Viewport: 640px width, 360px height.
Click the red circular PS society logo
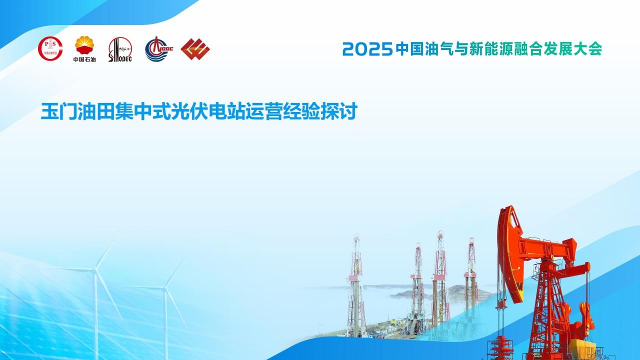[50, 48]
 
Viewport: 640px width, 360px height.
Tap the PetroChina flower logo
[84, 45]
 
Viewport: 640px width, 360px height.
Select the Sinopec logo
[120, 49]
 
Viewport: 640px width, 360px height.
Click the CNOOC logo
[159, 49]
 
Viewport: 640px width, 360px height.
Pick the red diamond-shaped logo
[195, 49]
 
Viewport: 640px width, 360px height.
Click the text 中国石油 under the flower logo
[84, 59]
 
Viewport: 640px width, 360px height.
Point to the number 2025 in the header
[367, 49]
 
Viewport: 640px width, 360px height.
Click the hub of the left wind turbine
[96, 268]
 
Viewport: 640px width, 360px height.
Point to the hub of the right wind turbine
[165, 288]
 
